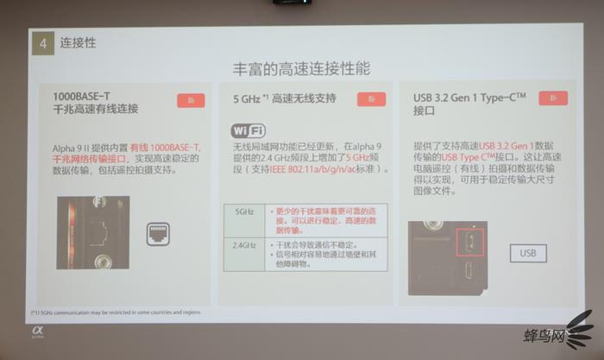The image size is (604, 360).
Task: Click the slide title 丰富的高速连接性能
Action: coord(302,67)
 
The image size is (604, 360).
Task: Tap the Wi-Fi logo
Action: coord(248,130)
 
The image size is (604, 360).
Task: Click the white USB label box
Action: coord(528,254)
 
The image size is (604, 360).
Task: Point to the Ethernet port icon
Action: coord(157,231)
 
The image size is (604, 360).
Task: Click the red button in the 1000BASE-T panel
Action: coord(191,100)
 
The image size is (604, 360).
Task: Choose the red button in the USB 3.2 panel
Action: coord(552,100)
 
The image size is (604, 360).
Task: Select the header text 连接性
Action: coord(79,41)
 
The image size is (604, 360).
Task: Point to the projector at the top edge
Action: coord(293,3)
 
